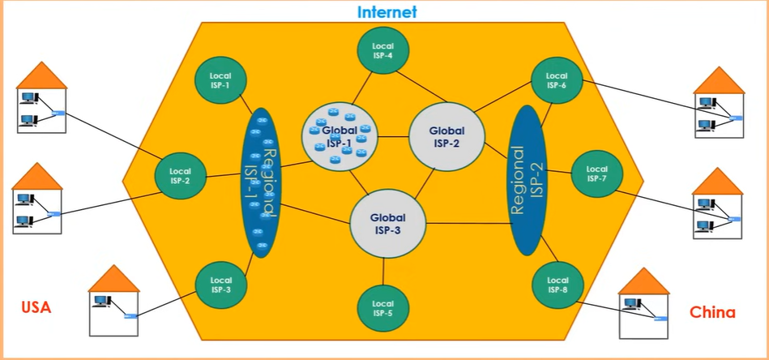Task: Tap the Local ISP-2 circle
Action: click(180, 176)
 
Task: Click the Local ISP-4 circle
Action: click(382, 51)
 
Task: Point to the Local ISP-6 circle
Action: click(556, 79)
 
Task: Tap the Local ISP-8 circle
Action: click(557, 285)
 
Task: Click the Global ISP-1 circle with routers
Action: click(337, 135)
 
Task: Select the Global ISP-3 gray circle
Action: click(387, 223)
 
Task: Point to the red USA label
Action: click(36, 308)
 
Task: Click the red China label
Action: click(712, 312)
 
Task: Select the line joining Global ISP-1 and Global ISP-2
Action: click(391, 136)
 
